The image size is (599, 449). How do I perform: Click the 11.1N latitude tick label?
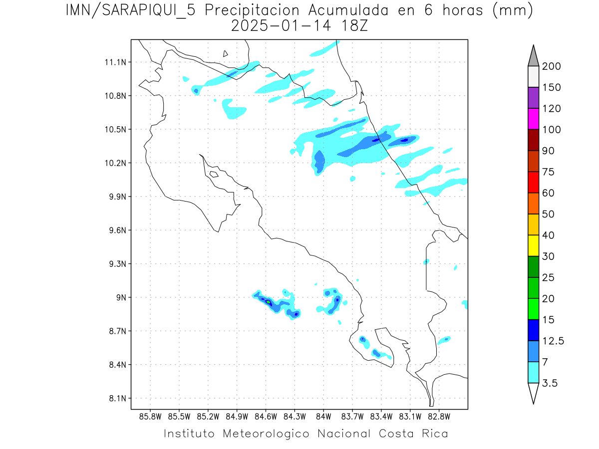(114, 62)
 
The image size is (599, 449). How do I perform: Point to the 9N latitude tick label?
(119, 297)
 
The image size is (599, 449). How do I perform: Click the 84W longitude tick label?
(323, 416)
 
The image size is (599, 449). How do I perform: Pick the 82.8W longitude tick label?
(439, 416)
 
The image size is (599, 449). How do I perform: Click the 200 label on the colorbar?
(551, 66)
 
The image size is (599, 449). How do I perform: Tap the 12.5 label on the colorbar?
(553, 341)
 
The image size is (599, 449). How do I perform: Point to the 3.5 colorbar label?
(550, 383)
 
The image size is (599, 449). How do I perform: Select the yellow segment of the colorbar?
(533, 245)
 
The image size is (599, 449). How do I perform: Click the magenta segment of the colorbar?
(533, 119)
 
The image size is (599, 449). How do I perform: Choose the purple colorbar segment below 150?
(533, 98)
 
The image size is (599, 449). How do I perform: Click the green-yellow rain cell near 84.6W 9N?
(268, 302)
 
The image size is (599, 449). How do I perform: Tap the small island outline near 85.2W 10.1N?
(214, 174)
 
